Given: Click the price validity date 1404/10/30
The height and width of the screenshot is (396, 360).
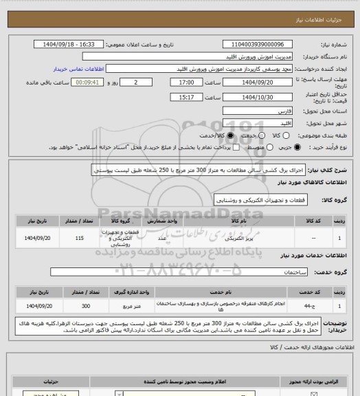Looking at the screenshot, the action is click(x=259, y=98).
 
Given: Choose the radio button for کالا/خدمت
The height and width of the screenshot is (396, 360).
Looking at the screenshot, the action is click(x=231, y=135).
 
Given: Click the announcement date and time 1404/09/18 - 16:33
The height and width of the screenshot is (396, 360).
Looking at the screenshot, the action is click(x=68, y=43).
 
